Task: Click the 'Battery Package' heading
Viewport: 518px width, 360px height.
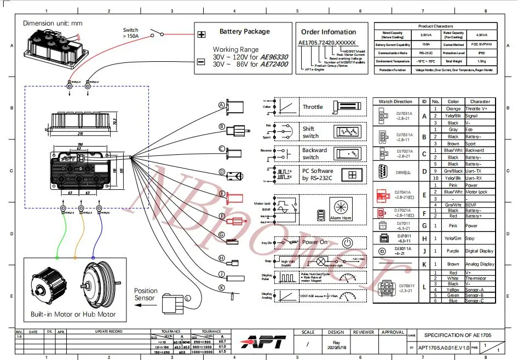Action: [245, 32]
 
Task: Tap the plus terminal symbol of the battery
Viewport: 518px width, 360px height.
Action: [202, 34]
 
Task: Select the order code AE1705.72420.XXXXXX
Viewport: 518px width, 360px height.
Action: [327, 43]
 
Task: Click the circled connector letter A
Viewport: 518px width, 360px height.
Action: [222, 105]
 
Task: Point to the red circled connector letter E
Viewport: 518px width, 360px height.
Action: [222, 194]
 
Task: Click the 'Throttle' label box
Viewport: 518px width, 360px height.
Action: [313, 107]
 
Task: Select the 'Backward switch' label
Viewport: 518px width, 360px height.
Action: [314, 154]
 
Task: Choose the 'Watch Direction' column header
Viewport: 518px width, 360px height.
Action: [395, 101]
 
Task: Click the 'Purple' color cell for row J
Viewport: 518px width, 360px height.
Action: [453, 252]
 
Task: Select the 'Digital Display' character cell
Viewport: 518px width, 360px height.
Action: [480, 252]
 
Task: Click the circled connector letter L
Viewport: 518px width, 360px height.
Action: [188, 298]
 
